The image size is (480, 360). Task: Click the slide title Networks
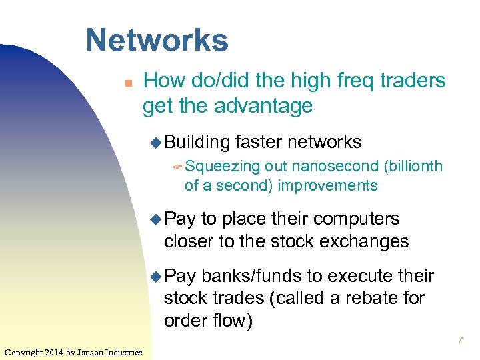point(157,40)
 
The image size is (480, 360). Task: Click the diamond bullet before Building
point(155,142)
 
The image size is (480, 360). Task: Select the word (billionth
point(413,166)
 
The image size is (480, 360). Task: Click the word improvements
point(327,185)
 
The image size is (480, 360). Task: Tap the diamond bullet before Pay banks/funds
point(155,276)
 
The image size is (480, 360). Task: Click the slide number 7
point(460,341)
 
